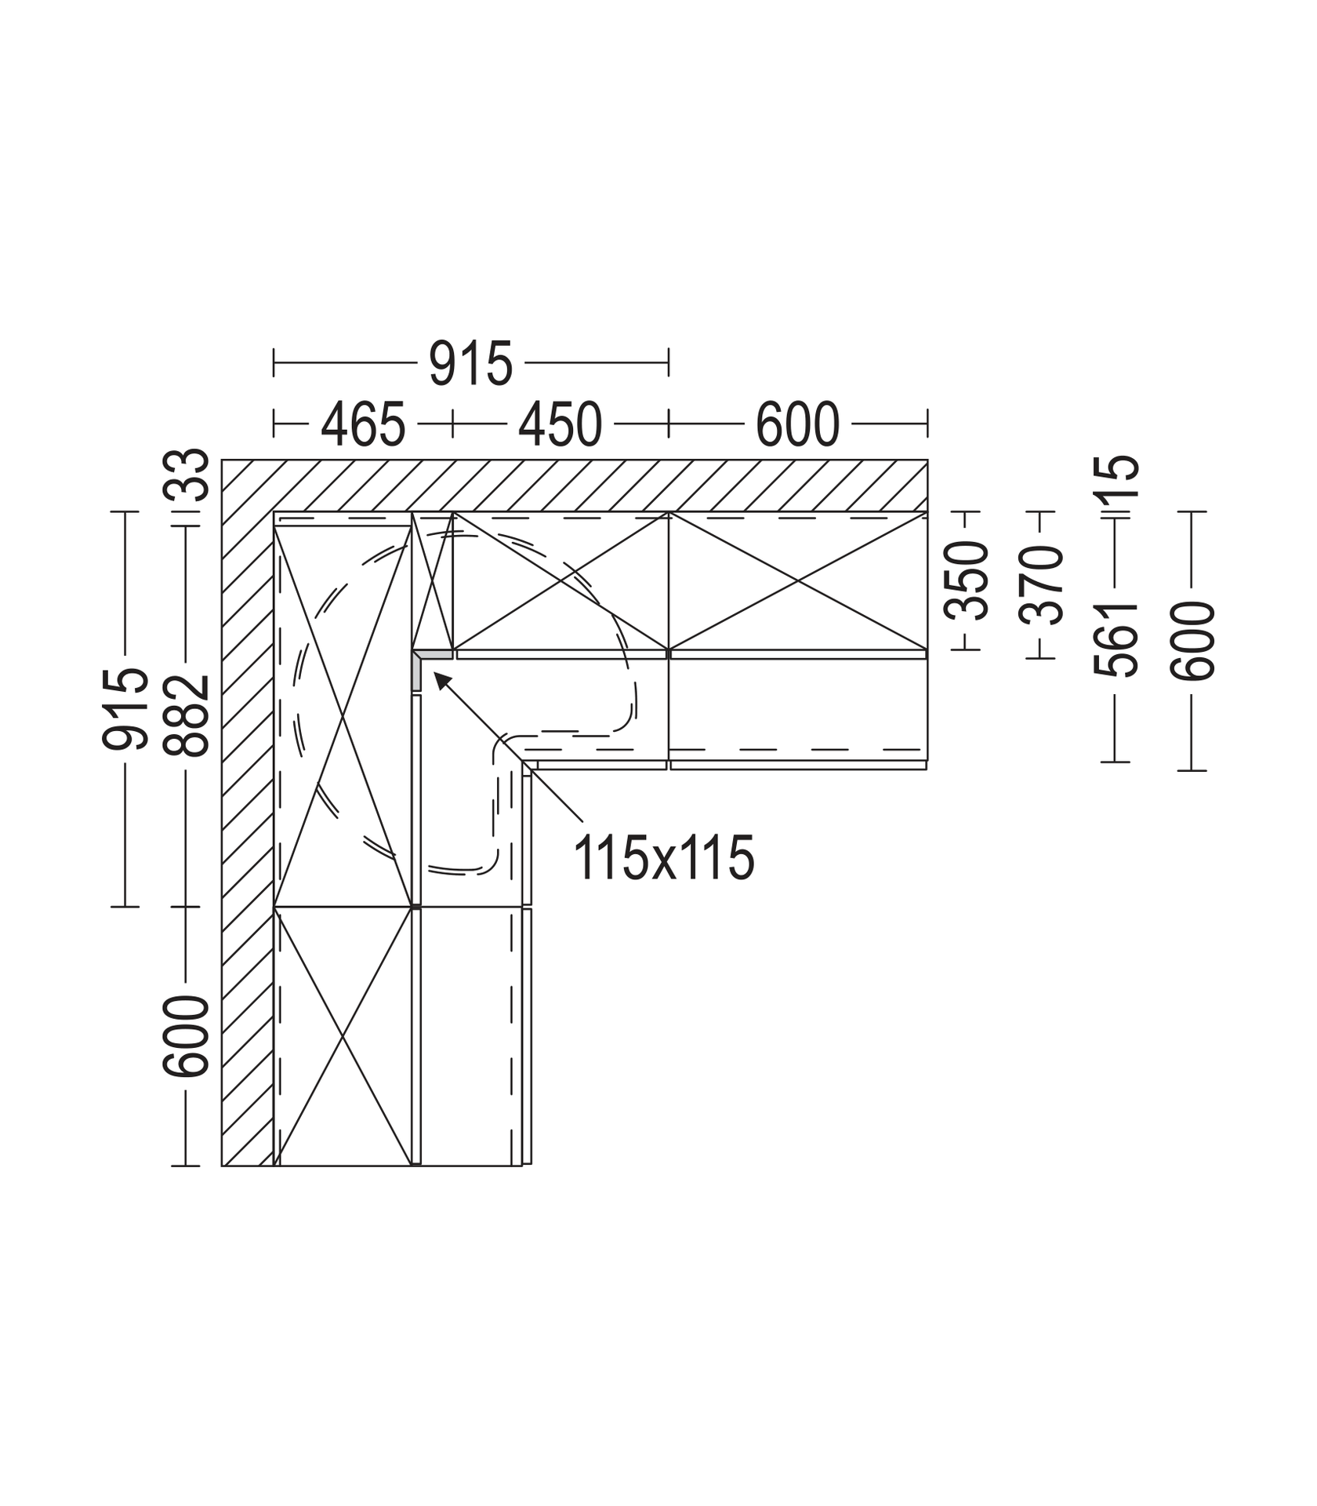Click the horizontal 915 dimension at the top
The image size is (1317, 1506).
tap(470, 364)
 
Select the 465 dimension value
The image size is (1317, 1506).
tap(363, 424)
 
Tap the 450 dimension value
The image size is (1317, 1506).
tap(560, 424)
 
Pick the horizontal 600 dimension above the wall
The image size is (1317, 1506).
tap(797, 424)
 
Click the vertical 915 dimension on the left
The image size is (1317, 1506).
tap(125, 708)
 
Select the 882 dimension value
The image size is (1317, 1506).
tap(187, 715)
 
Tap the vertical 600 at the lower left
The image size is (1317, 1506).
tap(187, 1036)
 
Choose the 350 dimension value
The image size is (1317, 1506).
tap(967, 581)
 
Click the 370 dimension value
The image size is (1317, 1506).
tap(1042, 585)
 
